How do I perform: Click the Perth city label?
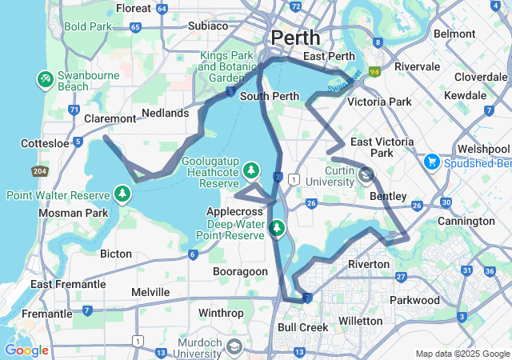pos(295,38)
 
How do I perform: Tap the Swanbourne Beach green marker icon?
pos(45,79)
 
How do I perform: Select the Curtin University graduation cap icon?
pos(366,175)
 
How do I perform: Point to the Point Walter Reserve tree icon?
pos(122,194)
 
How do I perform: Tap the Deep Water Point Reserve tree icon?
pos(277,229)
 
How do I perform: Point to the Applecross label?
pos(234,210)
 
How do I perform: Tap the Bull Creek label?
pos(302,327)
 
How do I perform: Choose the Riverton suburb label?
pos(369,264)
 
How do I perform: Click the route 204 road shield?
pos(40,171)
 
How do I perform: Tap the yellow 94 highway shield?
pos(374,71)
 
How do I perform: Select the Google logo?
pos(26,350)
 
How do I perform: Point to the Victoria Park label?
pos(378,102)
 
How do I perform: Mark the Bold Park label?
pos(88,26)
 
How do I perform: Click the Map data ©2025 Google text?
pos(462,354)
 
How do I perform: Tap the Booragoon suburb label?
pos(240,272)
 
